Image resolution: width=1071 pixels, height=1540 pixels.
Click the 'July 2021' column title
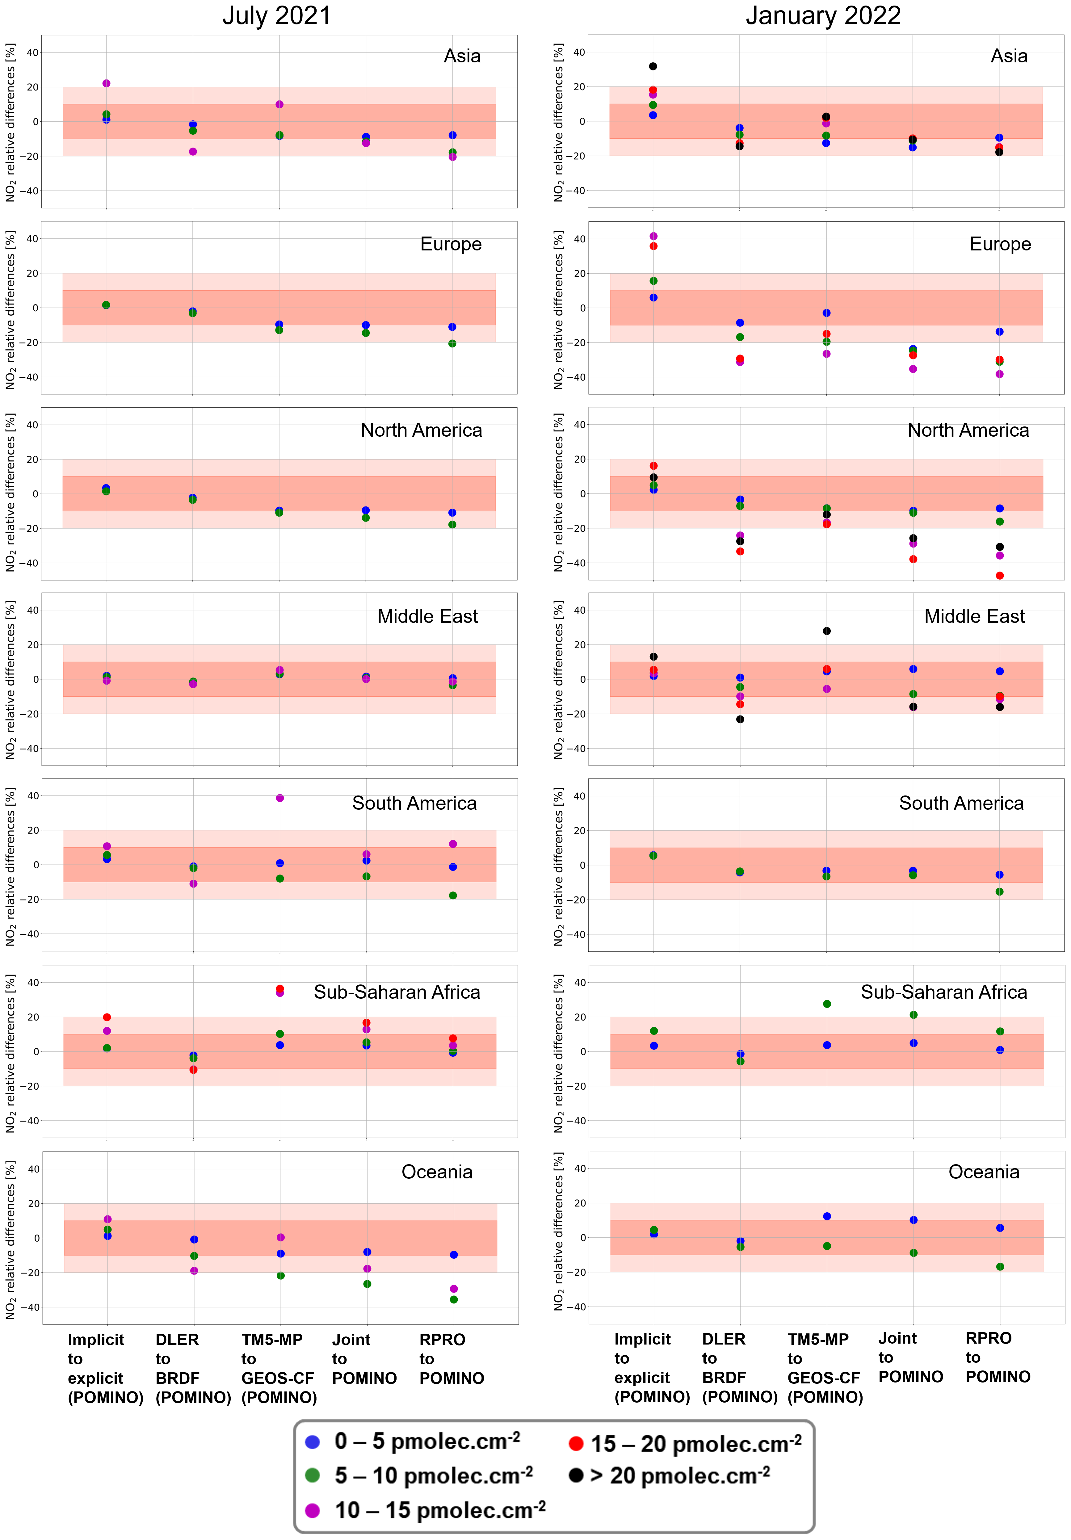coord(276,16)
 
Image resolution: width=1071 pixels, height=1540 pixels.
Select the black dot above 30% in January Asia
coord(653,66)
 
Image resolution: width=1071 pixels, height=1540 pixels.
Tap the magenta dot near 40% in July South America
coord(280,798)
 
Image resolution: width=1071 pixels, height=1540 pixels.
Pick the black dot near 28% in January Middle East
coord(826,631)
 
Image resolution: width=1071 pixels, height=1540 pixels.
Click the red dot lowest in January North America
coord(999,576)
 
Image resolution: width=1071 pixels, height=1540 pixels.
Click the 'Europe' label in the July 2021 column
coord(451,244)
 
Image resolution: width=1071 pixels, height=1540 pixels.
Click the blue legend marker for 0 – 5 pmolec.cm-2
coord(312,1441)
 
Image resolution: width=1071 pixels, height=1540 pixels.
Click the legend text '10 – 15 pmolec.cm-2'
coord(440,1510)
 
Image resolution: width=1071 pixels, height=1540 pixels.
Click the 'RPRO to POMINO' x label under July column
coord(451,1359)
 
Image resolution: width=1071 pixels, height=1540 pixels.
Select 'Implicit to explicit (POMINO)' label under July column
coord(105,1368)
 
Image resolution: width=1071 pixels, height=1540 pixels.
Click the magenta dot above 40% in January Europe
coord(653,236)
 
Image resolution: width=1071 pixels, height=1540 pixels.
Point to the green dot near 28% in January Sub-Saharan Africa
coord(826,1004)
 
